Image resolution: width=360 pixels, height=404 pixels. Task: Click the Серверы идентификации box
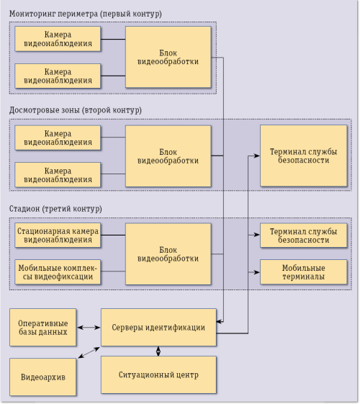point(158,328)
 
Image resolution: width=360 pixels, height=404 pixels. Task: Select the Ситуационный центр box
point(158,375)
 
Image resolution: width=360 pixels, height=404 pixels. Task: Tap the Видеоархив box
point(43,377)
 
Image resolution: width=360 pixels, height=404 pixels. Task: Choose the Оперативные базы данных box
point(43,328)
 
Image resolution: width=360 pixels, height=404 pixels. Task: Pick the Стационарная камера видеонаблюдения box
point(58,234)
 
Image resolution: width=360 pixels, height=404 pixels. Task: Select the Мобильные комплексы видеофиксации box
point(58,272)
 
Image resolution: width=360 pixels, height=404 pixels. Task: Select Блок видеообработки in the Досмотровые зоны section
point(168,156)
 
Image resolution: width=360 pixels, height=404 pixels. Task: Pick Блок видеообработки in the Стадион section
point(168,253)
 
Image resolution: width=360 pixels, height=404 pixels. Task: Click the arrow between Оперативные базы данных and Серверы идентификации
point(88,328)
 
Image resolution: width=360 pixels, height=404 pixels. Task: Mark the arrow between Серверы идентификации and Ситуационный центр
point(158,351)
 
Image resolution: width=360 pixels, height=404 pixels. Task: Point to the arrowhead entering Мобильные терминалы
point(256,272)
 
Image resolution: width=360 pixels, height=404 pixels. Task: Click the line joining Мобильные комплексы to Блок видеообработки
point(112,272)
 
